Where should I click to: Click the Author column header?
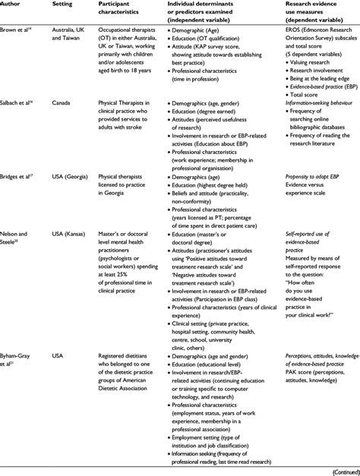(16, 5)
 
